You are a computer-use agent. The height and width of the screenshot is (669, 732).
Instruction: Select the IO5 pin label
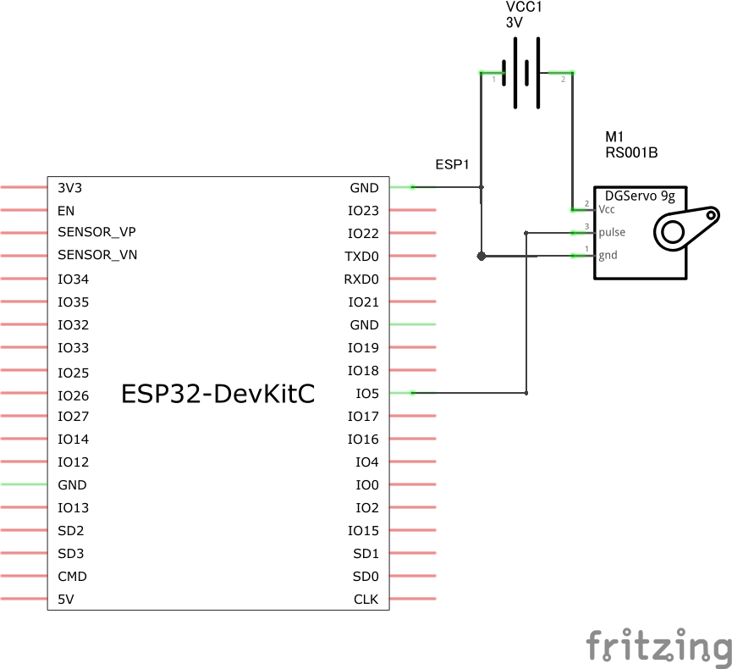367,393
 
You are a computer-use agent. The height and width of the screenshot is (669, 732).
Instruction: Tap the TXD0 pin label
362,256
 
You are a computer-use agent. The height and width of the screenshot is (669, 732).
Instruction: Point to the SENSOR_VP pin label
96,233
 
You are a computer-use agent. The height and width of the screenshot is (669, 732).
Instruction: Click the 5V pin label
67,600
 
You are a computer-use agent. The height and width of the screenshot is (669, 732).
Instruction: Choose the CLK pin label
366,600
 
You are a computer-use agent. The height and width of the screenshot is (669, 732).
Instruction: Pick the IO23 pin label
364,210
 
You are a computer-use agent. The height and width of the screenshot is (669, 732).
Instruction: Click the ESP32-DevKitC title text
218,394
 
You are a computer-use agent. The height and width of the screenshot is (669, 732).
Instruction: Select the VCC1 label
525,7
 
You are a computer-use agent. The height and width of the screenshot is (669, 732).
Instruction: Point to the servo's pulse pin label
612,232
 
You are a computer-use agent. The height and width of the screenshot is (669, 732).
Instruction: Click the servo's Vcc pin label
607,209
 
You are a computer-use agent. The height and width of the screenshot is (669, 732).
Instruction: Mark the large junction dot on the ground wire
481,255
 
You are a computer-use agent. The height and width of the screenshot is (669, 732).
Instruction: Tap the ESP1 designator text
452,163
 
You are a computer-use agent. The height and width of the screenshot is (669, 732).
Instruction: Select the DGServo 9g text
640,196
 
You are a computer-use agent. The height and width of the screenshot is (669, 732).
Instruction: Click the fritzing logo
659,645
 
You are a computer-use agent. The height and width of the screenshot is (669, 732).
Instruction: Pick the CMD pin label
72,577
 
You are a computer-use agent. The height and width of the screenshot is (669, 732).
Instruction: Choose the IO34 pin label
74,279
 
